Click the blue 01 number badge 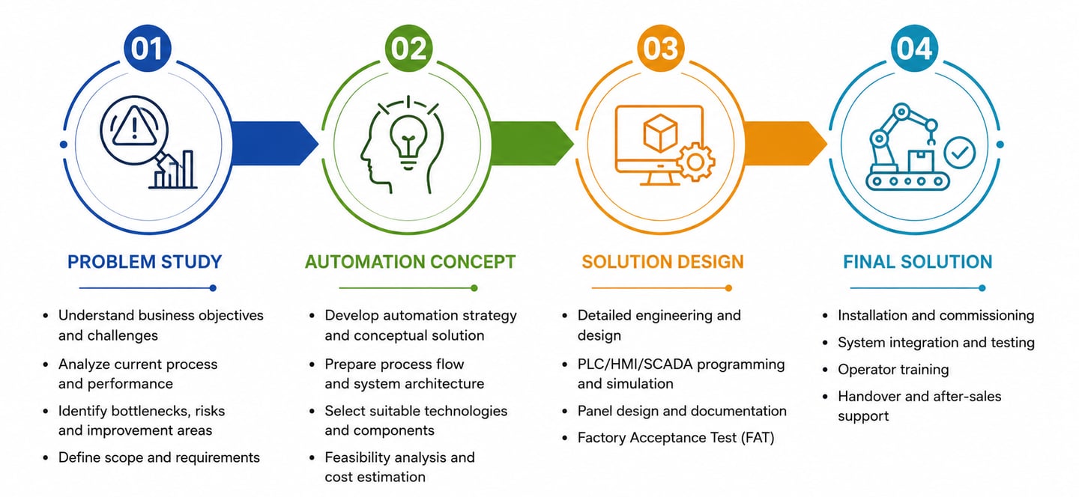point(148,48)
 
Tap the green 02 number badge point(408,48)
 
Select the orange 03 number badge point(661,48)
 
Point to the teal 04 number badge point(914,48)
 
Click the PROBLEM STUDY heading point(145,262)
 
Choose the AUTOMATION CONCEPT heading point(411,262)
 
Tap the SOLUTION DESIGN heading point(663,262)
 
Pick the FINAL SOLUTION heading point(918,262)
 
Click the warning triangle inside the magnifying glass point(134,126)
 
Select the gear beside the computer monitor point(695,162)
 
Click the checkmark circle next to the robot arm point(960,153)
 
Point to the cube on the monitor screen point(660,132)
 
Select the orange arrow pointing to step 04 point(785,144)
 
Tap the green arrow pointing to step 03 point(532,144)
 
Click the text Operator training point(893,370)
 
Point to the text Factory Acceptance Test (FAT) point(676,438)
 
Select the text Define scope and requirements point(159,457)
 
